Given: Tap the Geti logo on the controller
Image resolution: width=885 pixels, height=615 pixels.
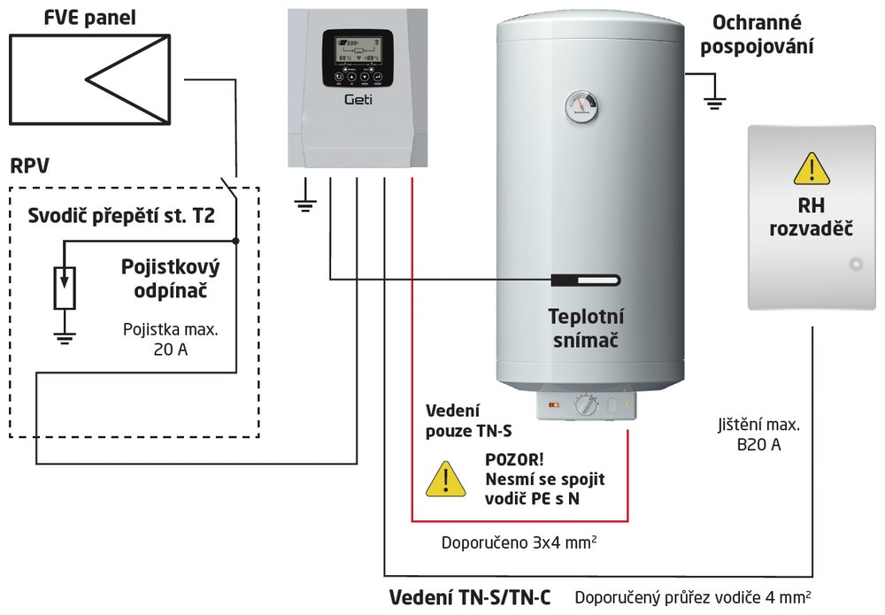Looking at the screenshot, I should pos(358,100).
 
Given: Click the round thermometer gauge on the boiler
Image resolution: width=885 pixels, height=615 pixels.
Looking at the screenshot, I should pos(581,107).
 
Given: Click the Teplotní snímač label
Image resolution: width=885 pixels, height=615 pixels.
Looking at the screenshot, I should pos(587,327).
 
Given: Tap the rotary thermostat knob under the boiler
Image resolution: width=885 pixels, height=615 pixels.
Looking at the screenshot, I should pos(587,406).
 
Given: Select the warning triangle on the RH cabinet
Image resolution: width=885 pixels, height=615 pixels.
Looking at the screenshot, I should pos(811,167).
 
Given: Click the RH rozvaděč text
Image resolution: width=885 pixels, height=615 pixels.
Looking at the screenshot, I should pos(812,219).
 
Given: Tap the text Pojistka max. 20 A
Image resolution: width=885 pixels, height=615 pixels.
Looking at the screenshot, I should pos(169,339).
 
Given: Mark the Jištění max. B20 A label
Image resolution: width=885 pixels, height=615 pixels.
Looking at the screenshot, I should pos(758,434).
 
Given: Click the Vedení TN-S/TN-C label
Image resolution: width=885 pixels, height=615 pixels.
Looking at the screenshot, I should pos(470,598).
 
